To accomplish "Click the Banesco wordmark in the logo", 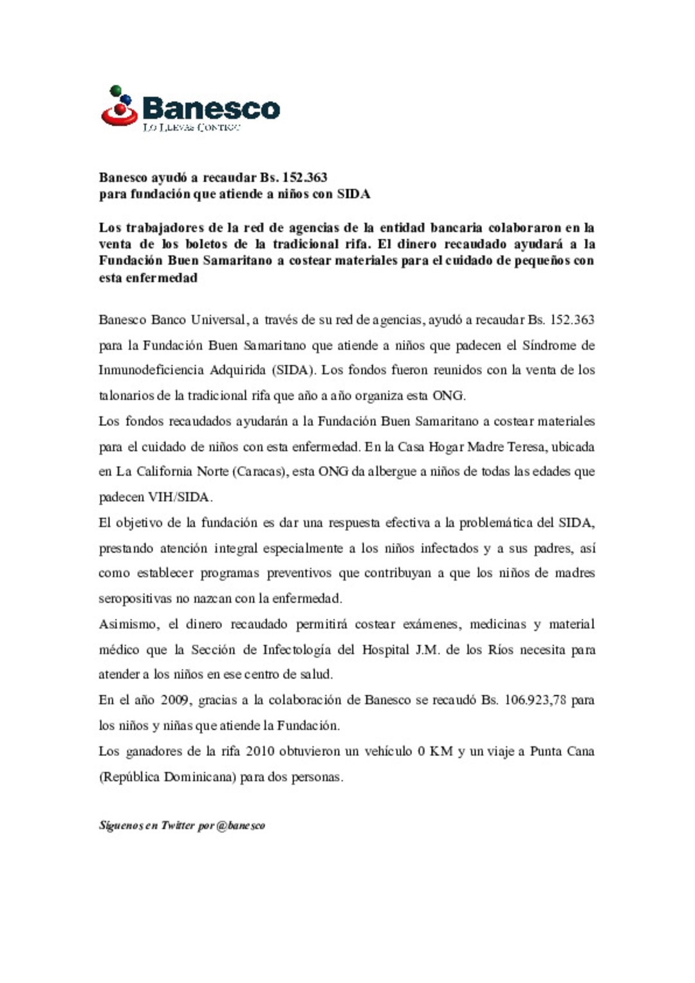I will click(x=210, y=108).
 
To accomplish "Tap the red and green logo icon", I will click(x=119, y=106).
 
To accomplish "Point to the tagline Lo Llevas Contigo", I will click(x=191, y=127).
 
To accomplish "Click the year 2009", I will click(x=174, y=700).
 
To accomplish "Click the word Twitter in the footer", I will click(x=178, y=825).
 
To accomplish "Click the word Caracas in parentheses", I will click(x=259, y=472).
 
